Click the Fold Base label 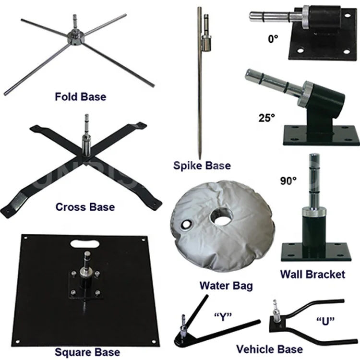click(80, 96)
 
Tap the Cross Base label click(85, 207)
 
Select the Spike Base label click(202, 166)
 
